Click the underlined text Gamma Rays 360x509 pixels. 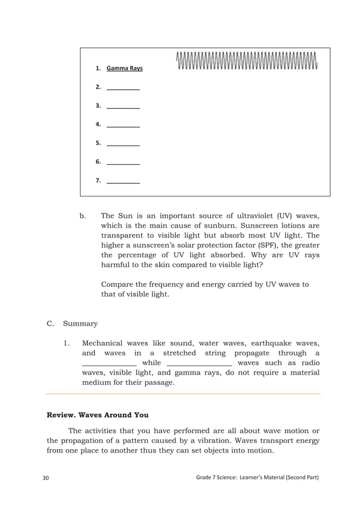click(124, 68)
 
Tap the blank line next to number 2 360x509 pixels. click(123, 89)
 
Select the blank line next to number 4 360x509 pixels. click(123, 126)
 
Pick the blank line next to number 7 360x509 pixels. click(123, 182)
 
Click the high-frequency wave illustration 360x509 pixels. click(247, 61)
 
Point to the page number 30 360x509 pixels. click(46, 478)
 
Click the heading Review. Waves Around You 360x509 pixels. click(97, 415)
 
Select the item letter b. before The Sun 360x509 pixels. click(83, 215)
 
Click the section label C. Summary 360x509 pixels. click(72, 323)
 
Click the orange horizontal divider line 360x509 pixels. click(183, 393)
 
